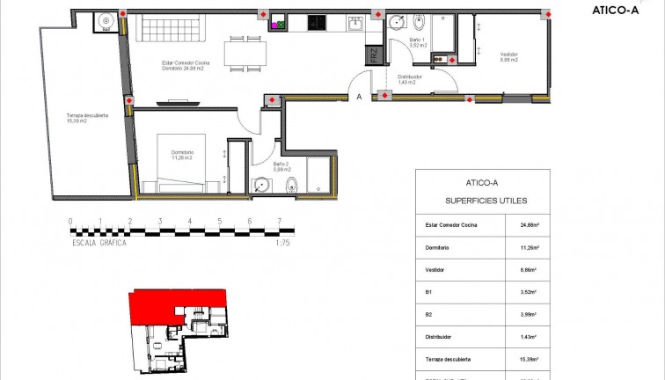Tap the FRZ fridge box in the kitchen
372,55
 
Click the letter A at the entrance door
359,98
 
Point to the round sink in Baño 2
261,185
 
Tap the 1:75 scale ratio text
281,243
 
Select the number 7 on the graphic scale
279,222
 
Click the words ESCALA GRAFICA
99,243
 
